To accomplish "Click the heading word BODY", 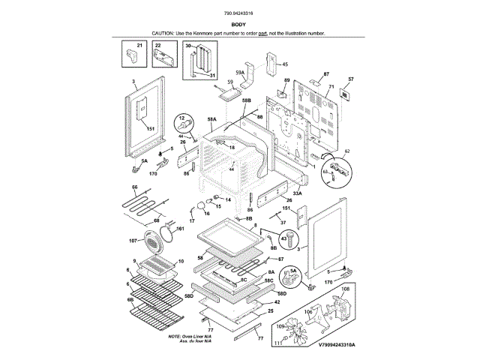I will [x=239, y=25].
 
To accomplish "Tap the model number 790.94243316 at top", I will [x=239, y=13].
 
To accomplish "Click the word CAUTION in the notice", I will [x=163, y=34].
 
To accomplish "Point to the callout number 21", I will [x=139, y=46].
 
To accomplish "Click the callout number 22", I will [x=158, y=46].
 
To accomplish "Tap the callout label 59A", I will [x=240, y=72].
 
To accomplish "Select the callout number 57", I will [x=350, y=79].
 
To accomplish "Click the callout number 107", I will [x=133, y=241].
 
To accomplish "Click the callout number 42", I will [x=277, y=301].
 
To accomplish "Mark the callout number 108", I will [x=345, y=288].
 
